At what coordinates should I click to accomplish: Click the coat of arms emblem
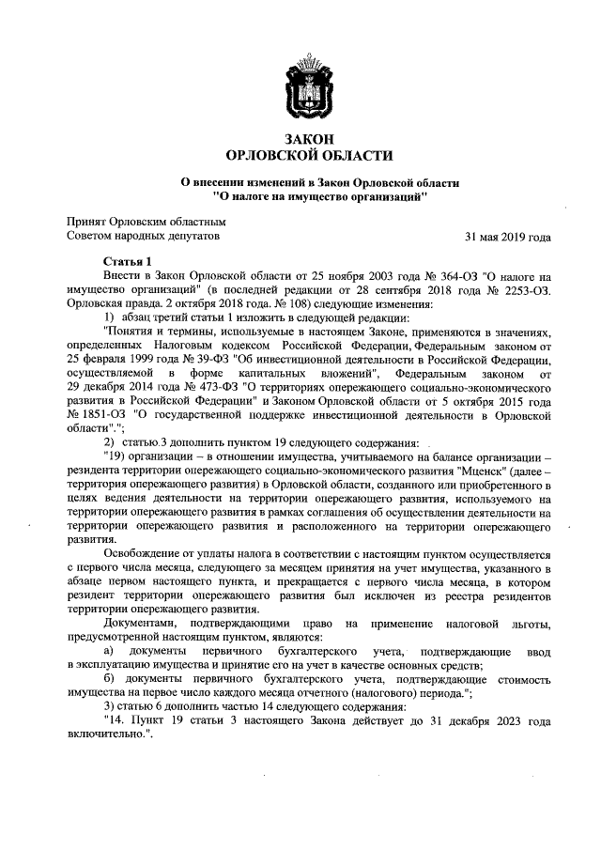[300, 88]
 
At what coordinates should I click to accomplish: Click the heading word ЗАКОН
[300, 139]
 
